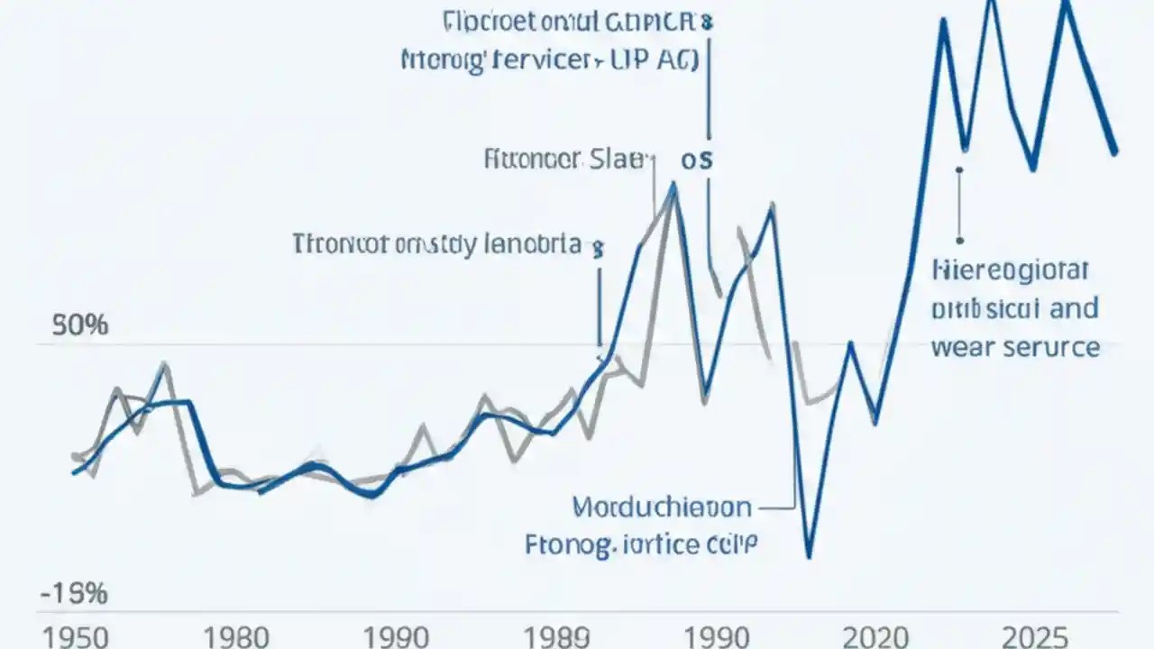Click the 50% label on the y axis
coord(80,325)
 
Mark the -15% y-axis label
coord(74,594)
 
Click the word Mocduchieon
coord(662,507)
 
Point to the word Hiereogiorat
coord(1011,270)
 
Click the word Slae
coord(618,161)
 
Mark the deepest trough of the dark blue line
coord(809,555)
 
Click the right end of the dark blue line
coord(1116,152)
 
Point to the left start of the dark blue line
coord(74,471)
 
